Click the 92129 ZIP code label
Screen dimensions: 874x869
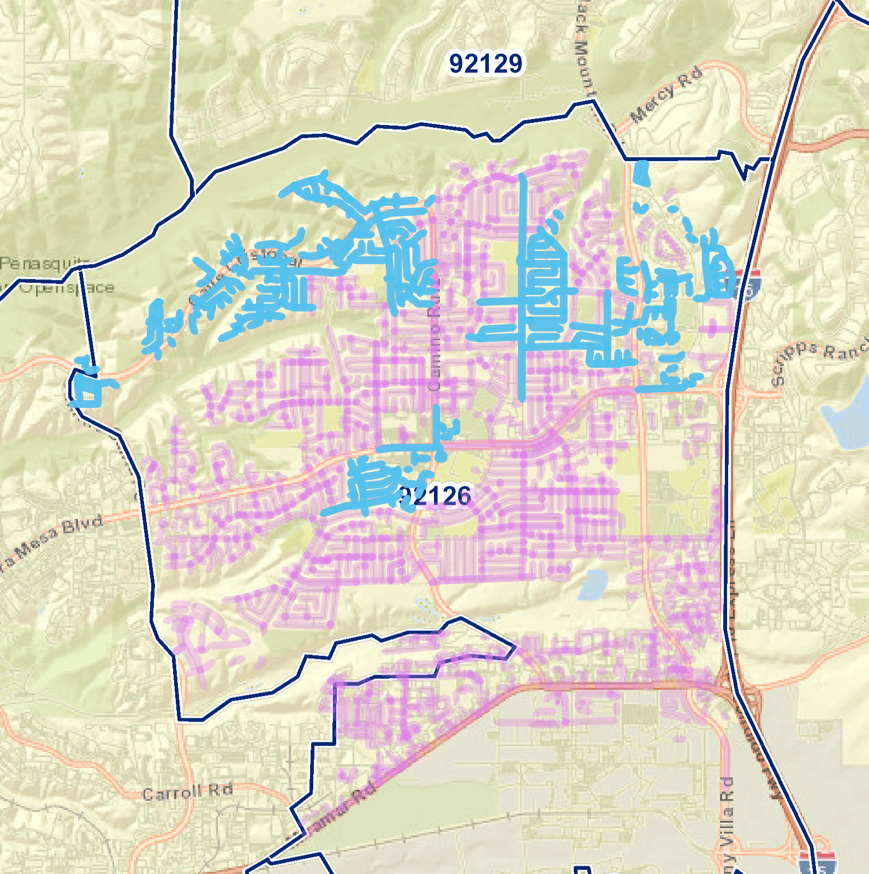(485, 63)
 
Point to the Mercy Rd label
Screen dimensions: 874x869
(666, 95)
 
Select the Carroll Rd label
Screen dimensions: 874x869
(187, 792)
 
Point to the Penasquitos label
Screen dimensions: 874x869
(44, 264)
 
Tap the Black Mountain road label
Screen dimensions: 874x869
(583, 49)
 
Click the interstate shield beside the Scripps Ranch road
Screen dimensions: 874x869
(749, 284)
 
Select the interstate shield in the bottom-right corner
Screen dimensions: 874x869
(817, 862)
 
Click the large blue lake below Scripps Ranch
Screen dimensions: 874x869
(846, 421)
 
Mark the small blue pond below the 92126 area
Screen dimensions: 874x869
(592, 584)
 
